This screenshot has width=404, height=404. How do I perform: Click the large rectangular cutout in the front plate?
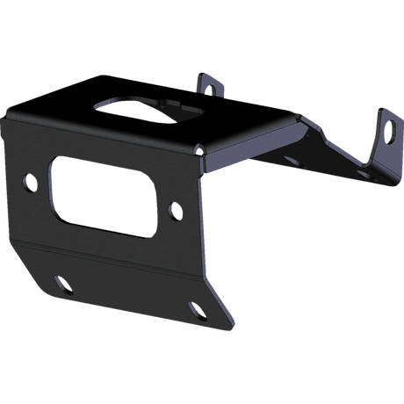105,196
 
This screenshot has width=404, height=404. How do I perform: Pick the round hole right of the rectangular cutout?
176,211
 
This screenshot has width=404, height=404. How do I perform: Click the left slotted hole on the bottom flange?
62,283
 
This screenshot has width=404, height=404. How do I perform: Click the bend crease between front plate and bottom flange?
114,256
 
